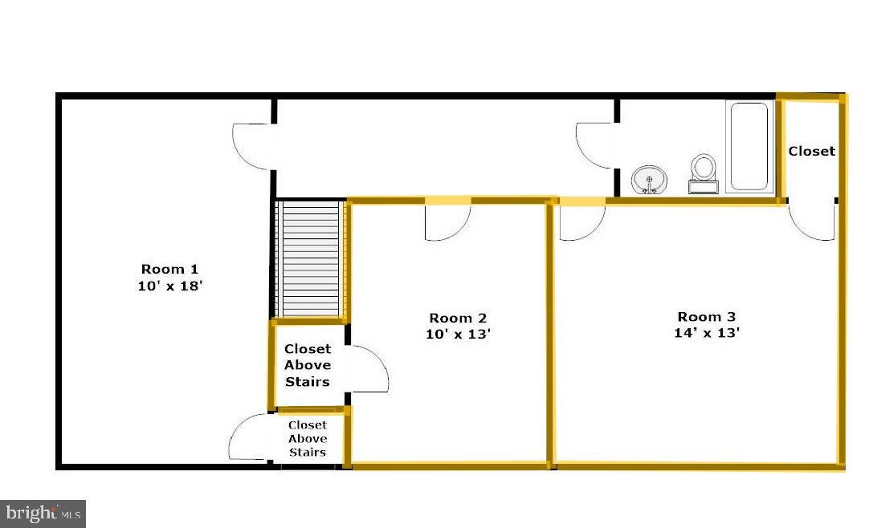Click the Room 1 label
tap(169, 270)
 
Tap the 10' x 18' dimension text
tap(169, 286)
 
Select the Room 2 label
tap(458, 319)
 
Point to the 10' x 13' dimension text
tap(458, 334)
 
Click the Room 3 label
tap(707, 317)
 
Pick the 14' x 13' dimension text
tap(707, 333)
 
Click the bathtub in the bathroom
tap(749, 146)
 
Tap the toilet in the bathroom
tap(704, 173)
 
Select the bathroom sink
tap(649, 180)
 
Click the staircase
tap(309, 259)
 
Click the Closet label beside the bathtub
tap(812, 152)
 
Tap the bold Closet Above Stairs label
tap(308, 365)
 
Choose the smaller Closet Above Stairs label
tap(308, 438)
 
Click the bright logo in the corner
tap(43, 514)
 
